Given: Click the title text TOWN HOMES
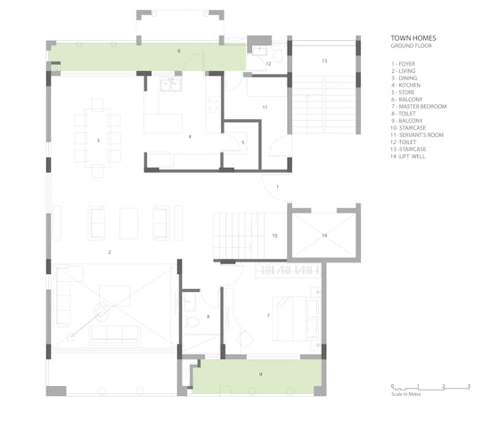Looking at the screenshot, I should pos(412,39).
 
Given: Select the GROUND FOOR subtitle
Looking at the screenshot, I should pos(411,46).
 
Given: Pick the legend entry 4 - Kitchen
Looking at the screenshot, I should pos(407,83).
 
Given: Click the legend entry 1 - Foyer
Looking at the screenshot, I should pos(406,65).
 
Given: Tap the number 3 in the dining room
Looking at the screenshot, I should pos(99,141).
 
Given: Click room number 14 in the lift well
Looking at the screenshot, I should pos(324,235).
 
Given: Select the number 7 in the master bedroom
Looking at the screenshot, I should pos(267,315).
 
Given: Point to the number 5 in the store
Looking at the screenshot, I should pos(242,142).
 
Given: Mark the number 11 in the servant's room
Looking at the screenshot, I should pos(265,107).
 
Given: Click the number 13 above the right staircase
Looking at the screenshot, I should pos(324,60).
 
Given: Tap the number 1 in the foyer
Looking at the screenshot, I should pos(278,187).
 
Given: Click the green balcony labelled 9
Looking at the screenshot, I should pos(258,375).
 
